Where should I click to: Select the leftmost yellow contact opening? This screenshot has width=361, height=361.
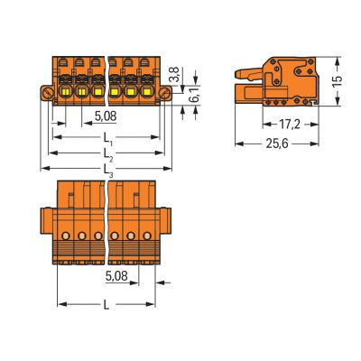(x=65, y=91)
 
